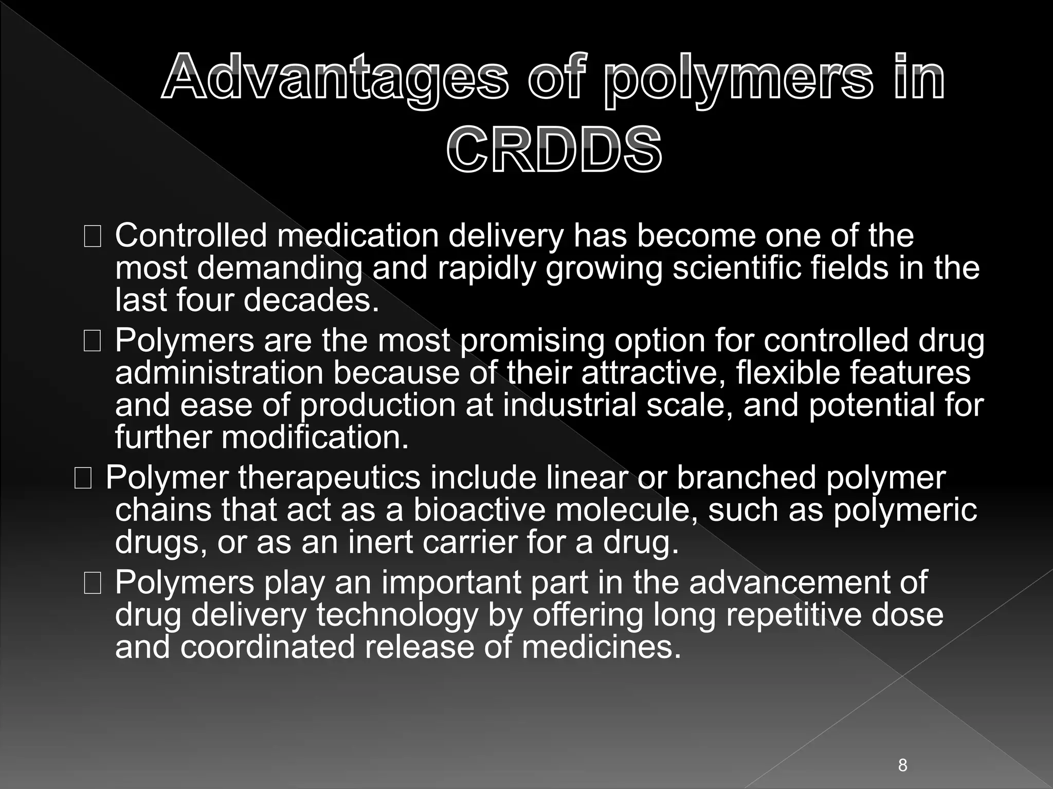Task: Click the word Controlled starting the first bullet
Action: tap(191, 236)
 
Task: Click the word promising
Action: tap(532, 341)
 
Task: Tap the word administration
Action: tap(219, 372)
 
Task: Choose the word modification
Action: tap(315, 437)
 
